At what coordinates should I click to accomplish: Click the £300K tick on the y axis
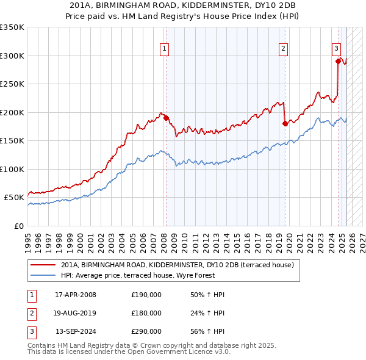pos(12,56)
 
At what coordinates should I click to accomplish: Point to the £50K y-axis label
pos(14,198)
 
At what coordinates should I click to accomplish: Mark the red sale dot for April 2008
pos(166,118)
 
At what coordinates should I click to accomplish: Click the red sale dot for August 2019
pos(285,124)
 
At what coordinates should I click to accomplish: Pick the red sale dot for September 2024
pos(338,61)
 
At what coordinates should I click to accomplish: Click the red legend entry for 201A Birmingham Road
pos(178,265)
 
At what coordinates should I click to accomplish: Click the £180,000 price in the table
pos(146,313)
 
